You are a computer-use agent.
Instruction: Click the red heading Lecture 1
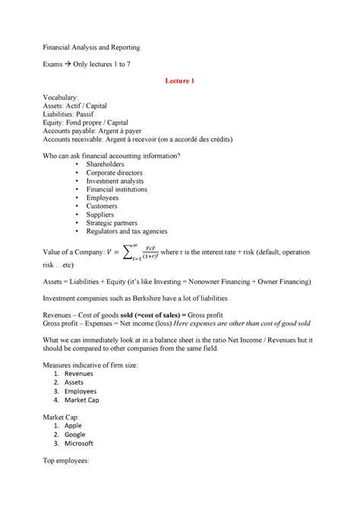point(180,81)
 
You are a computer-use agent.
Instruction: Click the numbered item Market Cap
point(81,400)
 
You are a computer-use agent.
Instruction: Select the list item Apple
point(74,426)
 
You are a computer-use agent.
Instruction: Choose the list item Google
point(76,435)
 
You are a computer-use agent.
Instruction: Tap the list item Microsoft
point(79,443)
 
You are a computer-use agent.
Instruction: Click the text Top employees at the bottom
point(67,461)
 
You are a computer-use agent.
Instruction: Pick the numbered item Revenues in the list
point(79,375)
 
